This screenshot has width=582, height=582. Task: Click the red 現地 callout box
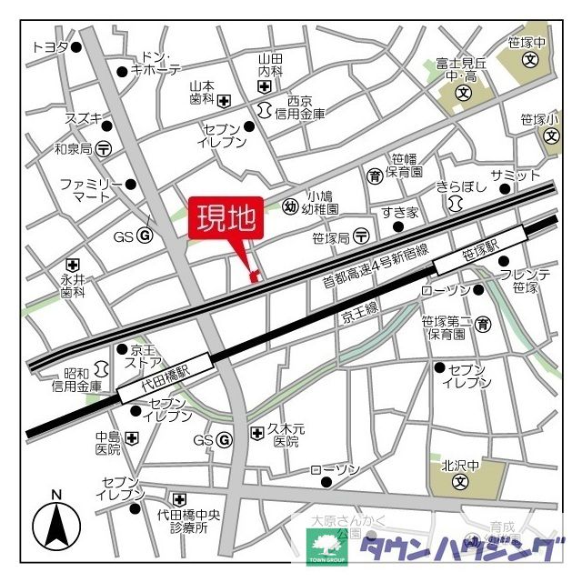coord(226,219)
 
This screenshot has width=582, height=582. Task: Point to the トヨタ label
coord(50,47)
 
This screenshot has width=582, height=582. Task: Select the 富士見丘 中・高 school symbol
coord(462,93)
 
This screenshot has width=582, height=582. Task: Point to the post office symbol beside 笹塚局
coord(362,236)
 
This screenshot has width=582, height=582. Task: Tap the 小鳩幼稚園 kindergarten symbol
coord(290,206)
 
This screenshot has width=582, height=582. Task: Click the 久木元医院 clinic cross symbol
coord(256,433)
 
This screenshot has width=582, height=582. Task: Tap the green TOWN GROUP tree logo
coord(325,546)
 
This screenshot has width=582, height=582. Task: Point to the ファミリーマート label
coord(91,189)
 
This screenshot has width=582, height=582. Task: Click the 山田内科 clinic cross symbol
coord(265,87)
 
